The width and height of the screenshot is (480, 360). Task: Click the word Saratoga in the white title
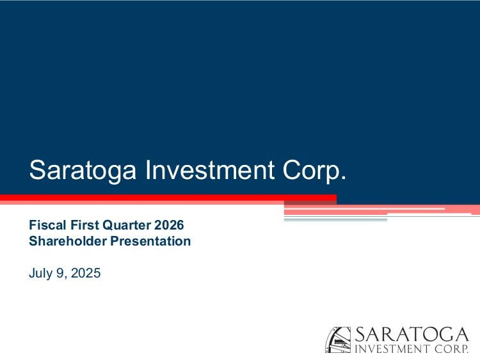coord(83,171)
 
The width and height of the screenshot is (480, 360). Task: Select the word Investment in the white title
coord(210,169)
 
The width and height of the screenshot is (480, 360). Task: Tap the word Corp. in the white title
coord(314,171)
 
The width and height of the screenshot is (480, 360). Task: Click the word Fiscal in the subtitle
coord(47,225)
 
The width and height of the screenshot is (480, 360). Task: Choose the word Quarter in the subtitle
coord(127,225)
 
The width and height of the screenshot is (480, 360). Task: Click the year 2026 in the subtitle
coord(169,225)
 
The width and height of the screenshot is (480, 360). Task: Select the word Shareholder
coord(68,240)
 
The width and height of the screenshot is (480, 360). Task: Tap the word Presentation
coord(150,240)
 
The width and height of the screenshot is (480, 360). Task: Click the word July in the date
coord(40,273)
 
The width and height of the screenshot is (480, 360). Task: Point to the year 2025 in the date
coord(86,273)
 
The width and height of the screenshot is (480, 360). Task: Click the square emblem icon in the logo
coord(338,340)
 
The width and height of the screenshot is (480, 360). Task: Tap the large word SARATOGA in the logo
coord(412,334)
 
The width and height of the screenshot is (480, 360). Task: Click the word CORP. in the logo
coord(451,348)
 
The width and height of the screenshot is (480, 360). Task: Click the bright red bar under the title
coord(168,198)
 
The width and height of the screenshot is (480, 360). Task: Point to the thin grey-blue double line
coord(335,219)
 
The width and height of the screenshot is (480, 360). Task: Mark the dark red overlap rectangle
coord(310,203)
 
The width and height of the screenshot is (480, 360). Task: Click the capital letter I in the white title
coord(148,169)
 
